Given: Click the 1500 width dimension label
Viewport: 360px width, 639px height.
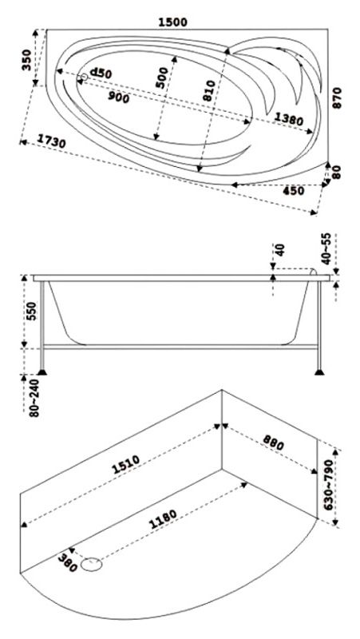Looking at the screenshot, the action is (x=172, y=22).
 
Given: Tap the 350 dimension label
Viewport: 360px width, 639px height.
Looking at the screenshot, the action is (x=27, y=60).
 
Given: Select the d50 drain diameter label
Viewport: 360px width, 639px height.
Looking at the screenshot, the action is (x=101, y=73).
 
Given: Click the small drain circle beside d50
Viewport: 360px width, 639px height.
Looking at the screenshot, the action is (x=85, y=77).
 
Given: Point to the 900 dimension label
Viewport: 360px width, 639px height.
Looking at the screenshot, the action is (x=119, y=97).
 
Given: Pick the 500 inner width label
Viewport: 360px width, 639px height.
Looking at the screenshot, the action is (x=162, y=77).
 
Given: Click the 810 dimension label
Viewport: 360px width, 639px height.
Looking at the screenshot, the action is (x=208, y=91).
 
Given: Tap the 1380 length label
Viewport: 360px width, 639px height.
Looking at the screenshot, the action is (x=289, y=119).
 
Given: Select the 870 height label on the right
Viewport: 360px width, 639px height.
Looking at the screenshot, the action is (x=337, y=97).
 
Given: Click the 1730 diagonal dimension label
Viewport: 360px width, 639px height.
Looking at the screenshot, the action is (x=51, y=141).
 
